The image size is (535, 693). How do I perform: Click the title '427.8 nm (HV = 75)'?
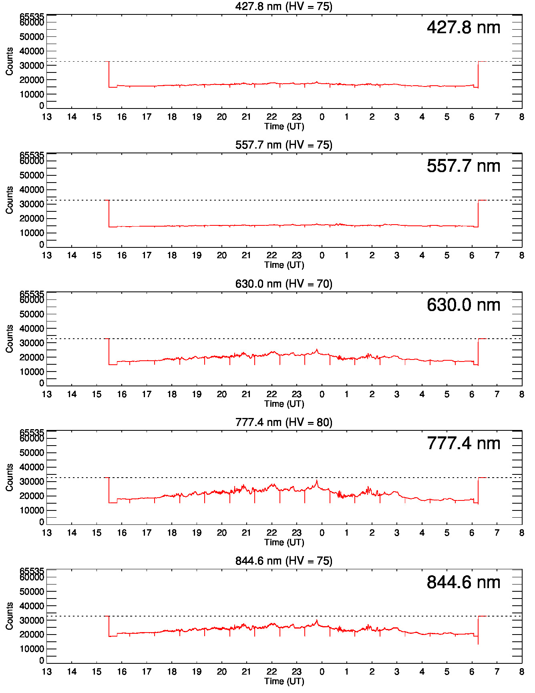tap(284, 6)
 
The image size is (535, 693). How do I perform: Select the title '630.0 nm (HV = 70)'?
tap(284, 284)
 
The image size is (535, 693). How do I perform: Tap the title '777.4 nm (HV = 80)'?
tap(284, 422)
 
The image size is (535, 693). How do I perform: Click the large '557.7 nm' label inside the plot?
tap(463, 166)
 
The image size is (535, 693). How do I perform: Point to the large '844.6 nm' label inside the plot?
tap(463, 583)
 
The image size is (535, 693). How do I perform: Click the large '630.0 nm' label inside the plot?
tap(463, 305)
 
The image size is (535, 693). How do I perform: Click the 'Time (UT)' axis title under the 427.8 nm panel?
tap(284, 127)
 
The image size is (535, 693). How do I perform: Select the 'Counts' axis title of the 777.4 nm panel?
tap(10, 478)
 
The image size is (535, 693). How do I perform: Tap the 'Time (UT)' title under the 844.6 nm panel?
tap(284, 681)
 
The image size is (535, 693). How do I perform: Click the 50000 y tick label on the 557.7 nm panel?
tap(32, 175)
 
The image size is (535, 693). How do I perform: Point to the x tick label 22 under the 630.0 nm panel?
tap(272, 394)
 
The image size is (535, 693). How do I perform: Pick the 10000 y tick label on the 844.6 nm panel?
tap(32, 649)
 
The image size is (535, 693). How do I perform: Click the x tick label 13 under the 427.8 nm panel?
tap(47, 117)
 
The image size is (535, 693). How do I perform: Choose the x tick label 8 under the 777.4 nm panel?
tap(521, 533)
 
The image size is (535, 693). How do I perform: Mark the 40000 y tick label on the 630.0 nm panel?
tap(32, 329)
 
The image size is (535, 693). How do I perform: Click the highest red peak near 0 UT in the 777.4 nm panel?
tap(317, 480)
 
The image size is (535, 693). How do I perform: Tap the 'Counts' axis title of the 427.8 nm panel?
tap(10, 61)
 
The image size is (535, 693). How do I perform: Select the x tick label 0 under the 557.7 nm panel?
tap(322, 255)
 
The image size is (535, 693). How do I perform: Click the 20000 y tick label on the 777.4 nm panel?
tap(32, 496)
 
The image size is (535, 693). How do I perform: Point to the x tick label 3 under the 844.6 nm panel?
tap(396, 672)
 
